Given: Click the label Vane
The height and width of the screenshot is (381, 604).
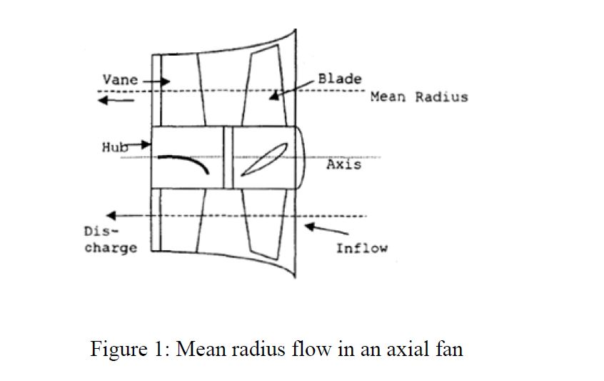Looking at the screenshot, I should pyautogui.click(x=120, y=80).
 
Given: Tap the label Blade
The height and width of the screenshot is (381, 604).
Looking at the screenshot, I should pyautogui.click(x=339, y=79).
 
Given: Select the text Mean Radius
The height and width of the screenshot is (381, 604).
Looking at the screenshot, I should pyautogui.click(x=419, y=97).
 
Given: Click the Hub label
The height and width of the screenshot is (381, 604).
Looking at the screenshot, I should pyautogui.click(x=113, y=147).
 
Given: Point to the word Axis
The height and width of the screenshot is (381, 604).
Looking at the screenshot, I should pyautogui.click(x=343, y=165).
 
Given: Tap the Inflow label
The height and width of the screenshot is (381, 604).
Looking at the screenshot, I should pyautogui.click(x=361, y=249).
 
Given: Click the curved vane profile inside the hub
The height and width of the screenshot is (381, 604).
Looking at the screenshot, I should pyautogui.click(x=183, y=162).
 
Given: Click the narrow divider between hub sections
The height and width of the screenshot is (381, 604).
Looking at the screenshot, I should pyautogui.click(x=228, y=158).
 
